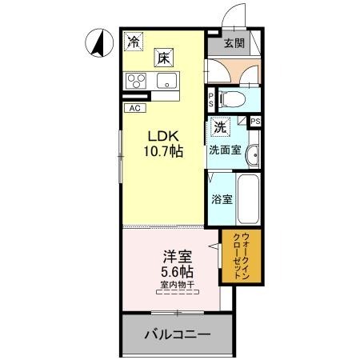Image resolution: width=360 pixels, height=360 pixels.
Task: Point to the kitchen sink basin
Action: [167, 79]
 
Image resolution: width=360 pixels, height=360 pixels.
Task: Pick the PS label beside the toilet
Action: [210, 99]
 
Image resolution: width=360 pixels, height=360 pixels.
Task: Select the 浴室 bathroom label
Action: [222, 198]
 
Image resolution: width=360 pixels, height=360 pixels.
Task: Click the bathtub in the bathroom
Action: [246, 198]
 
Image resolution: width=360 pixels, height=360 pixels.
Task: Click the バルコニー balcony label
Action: [178, 335]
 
